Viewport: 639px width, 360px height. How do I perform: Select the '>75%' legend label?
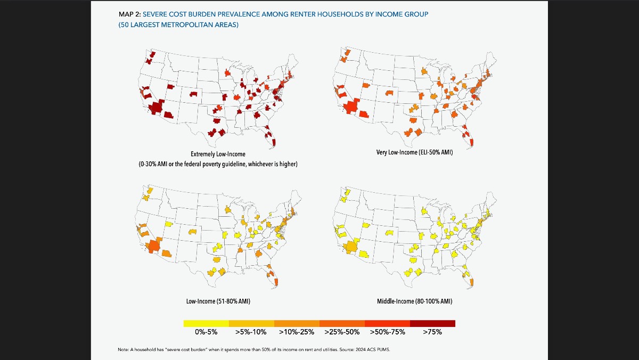pyautogui.click(x=432, y=332)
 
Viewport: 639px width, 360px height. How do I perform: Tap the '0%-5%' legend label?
pyautogui.click(x=206, y=332)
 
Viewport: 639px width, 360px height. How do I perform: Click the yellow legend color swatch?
pyautogui.click(x=206, y=323)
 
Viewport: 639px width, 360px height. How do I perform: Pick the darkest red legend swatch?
pyautogui.click(x=432, y=323)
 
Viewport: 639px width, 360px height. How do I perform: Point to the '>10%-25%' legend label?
pyautogui.click(x=297, y=332)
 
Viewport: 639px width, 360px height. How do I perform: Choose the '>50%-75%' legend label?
pyautogui.click(x=387, y=332)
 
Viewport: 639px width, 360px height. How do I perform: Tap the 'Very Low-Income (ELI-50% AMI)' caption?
pyautogui.click(x=414, y=153)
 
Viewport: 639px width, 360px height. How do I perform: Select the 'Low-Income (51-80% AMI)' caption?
pyautogui.click(x=218, y=301)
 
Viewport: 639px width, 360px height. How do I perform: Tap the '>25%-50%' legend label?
pyautogui.click(x=342, y=332)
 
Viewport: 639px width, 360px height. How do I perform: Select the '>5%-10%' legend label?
pyautogui.click(x=251, y=332)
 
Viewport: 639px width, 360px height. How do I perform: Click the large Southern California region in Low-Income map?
pyautogui.click(x=154, y=246)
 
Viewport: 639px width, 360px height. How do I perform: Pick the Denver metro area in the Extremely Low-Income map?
pyautogui.click(x=194, y=94)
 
